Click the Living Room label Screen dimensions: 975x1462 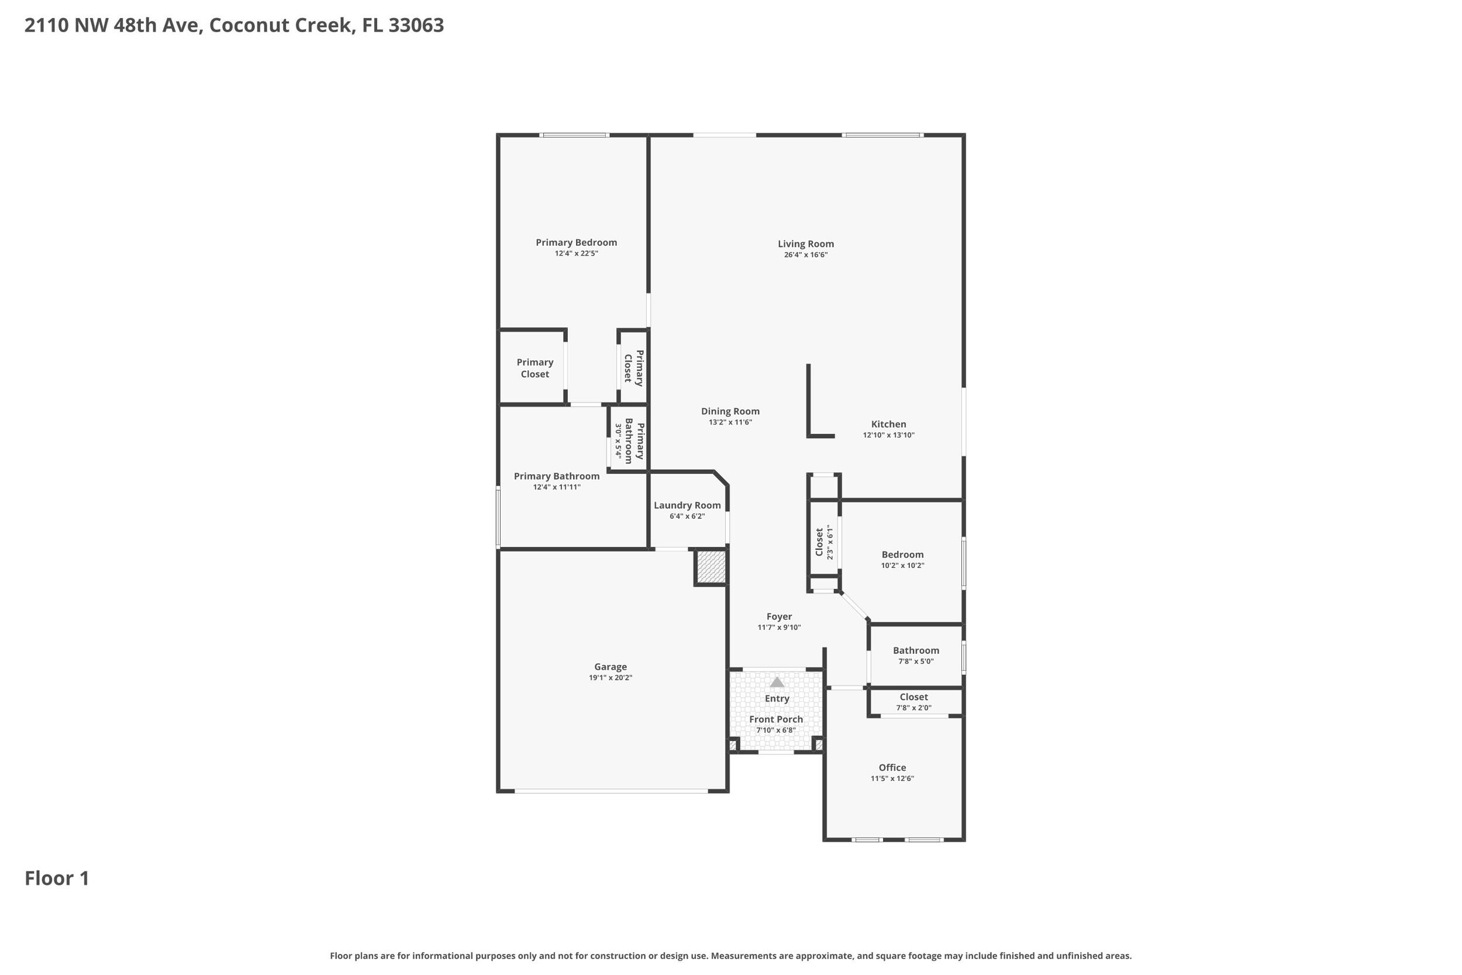pos(806,244)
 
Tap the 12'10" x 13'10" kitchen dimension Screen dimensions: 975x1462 pos(888,435)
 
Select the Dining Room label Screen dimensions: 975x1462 pos(730,411)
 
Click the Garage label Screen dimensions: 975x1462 pos(611,667)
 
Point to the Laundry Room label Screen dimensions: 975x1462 pos(687,505)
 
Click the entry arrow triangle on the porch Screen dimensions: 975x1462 pos(777,682)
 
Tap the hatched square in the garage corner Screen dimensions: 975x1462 pos(711,567)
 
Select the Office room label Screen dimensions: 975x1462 pos(892,767)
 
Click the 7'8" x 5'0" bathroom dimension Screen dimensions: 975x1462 pos(916,662)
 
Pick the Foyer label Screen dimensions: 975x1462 pos(779,617)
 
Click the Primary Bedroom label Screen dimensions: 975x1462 pos(576,243)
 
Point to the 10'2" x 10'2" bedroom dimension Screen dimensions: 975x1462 pos(902,566)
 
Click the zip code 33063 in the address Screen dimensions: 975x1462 pos(416,26)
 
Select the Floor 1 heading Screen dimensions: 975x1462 pos(57,878)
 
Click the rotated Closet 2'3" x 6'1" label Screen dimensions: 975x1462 pos(823,542)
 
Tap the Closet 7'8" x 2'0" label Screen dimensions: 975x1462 pos(913,702)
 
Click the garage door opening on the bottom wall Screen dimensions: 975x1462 pos(611,791)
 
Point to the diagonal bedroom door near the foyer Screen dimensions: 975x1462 pos(855,607)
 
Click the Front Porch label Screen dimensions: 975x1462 pos(776,719)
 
